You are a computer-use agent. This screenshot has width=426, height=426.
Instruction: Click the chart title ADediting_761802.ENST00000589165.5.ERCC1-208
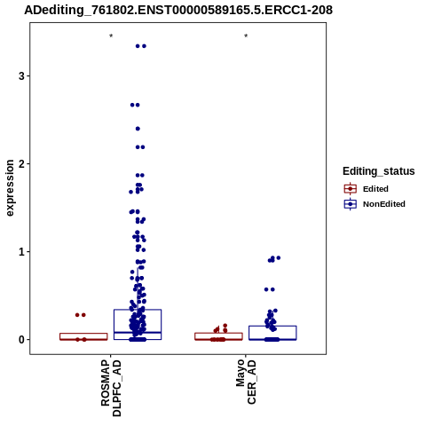178,10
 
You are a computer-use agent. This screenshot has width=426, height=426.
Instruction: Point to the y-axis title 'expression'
10,188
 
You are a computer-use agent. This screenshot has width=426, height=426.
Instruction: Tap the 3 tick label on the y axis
21,76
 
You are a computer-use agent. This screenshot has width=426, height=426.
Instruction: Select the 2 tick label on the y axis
21,164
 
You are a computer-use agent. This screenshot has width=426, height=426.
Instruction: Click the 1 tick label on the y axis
21,252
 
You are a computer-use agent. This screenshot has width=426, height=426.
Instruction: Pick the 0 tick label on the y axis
21,340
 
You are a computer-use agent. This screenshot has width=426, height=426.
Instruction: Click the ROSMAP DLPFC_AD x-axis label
111,388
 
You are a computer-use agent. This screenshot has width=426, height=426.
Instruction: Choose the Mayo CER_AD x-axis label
246,382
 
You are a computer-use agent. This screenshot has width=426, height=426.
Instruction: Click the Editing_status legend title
379,171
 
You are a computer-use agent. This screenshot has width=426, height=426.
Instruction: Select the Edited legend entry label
375,189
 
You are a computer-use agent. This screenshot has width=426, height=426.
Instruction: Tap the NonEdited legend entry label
384,204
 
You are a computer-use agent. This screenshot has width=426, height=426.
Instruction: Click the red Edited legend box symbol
351,189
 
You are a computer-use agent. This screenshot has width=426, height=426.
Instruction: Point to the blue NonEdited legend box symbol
351,204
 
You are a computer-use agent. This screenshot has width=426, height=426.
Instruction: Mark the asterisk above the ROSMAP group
111,36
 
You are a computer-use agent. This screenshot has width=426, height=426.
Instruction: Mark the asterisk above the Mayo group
246,36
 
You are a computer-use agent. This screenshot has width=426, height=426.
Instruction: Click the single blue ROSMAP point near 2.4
138,129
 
